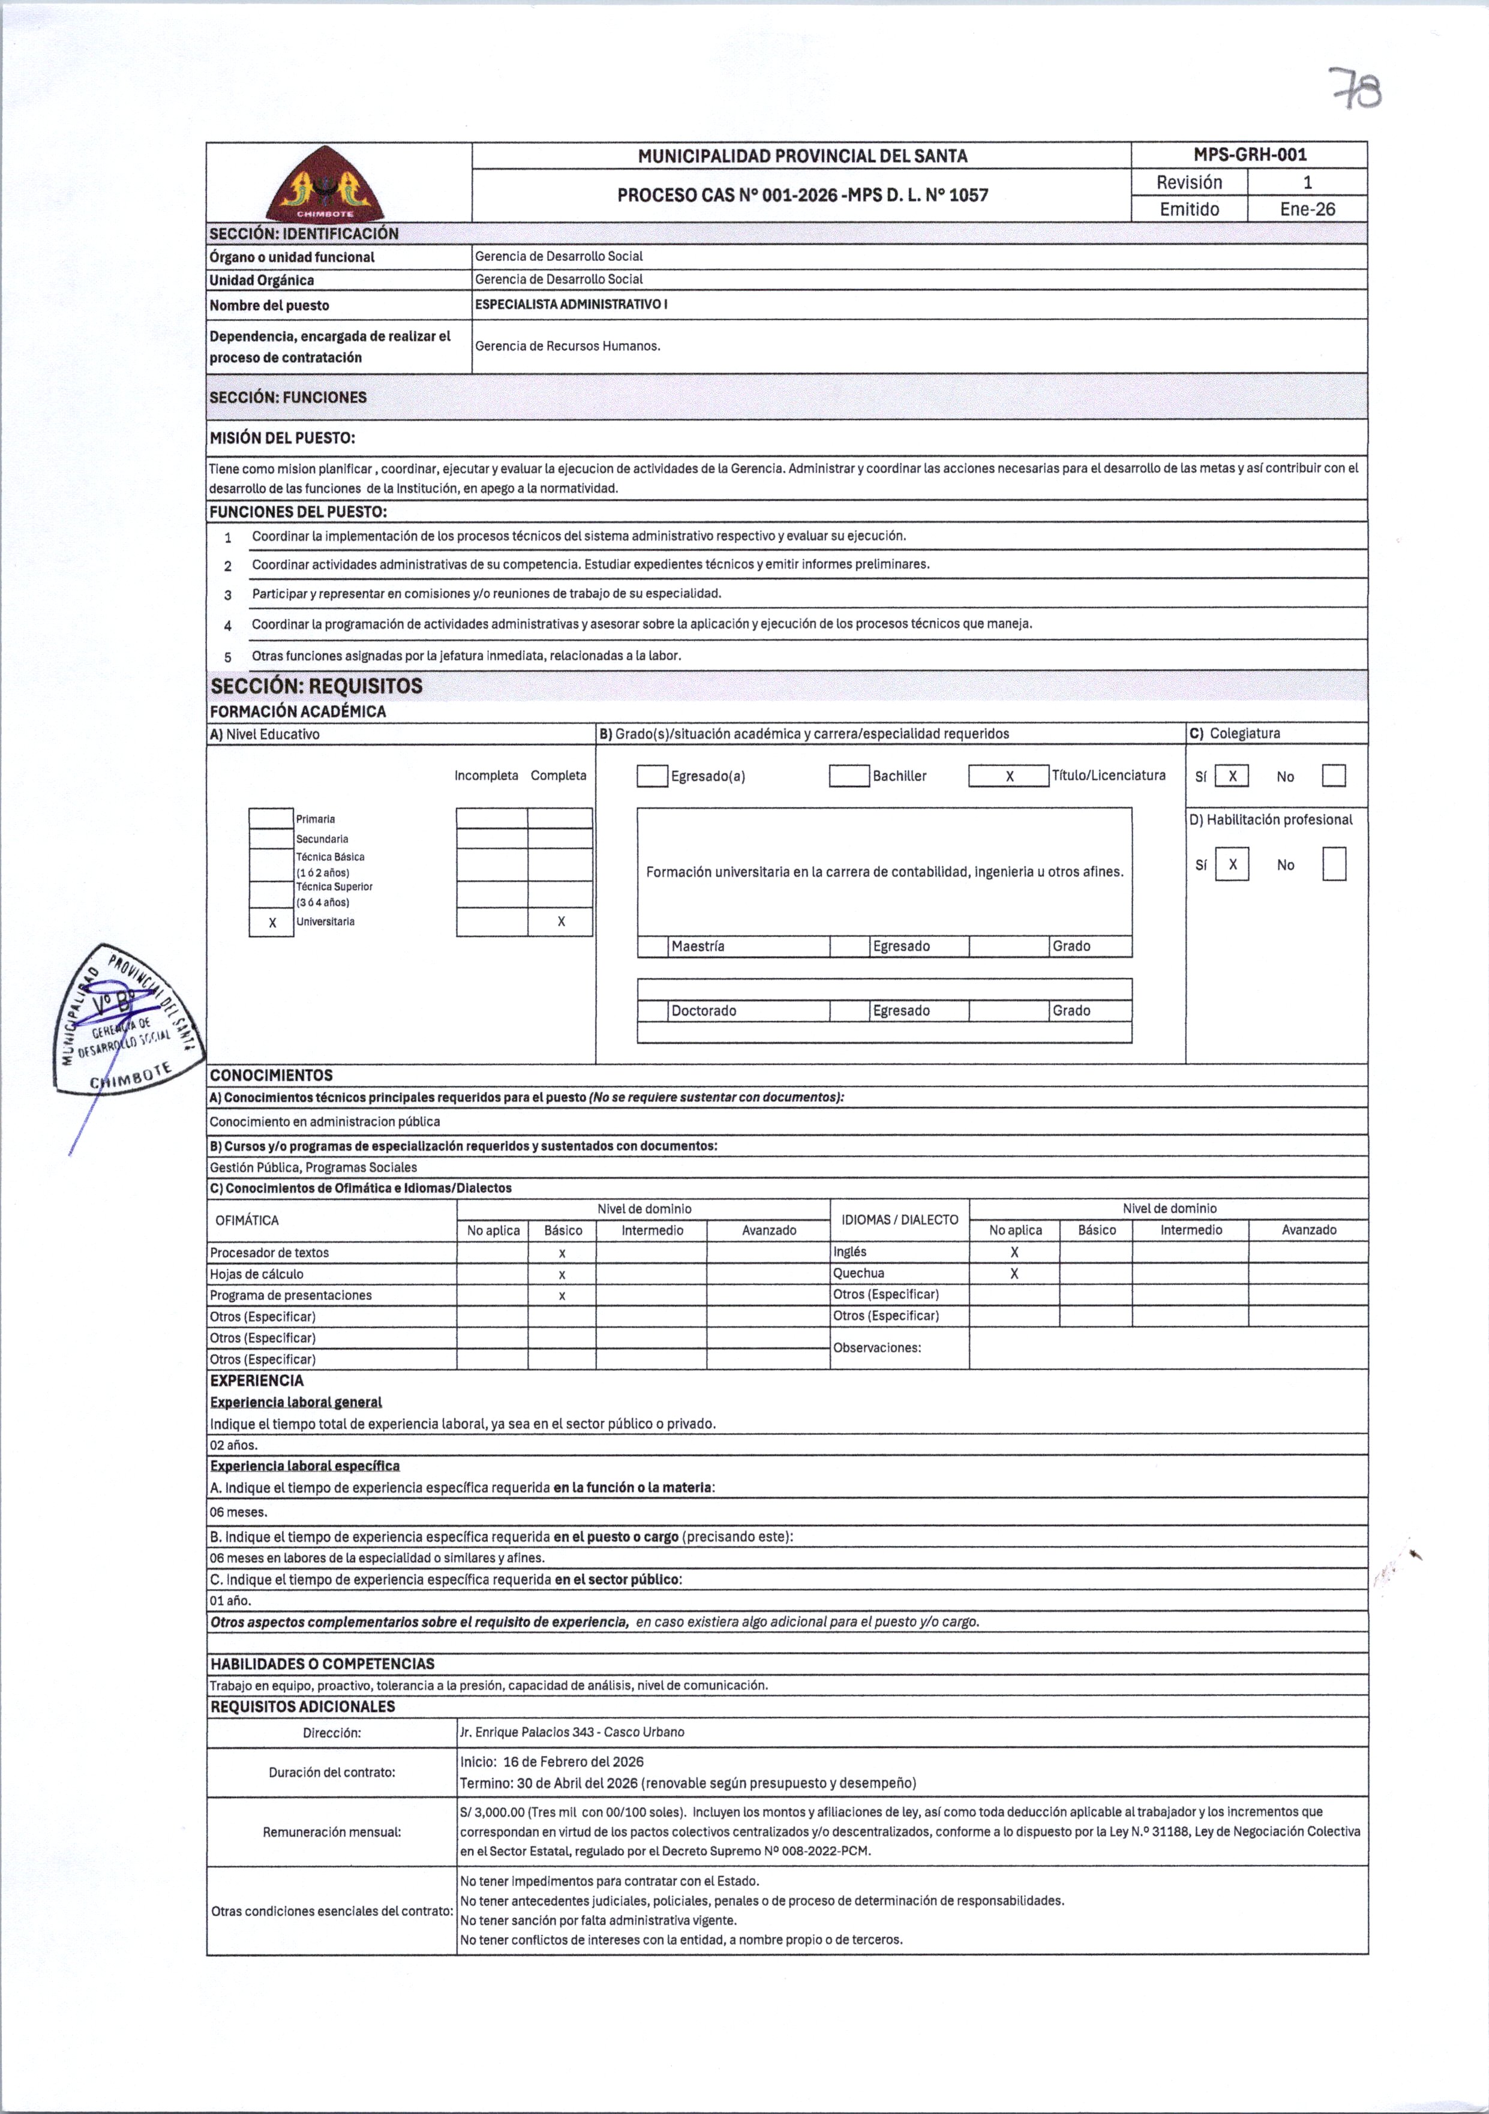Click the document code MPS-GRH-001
[1250, 155]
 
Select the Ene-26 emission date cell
[1307, 209]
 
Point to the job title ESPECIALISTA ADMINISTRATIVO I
[571, 304]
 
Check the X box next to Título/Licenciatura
[1008, 776]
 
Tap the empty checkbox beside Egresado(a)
[652, 776]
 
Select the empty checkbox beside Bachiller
[848, 776]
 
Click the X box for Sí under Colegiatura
[1232, 776]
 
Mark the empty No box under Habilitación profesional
[1334, 864]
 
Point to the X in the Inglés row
[1014, 1252]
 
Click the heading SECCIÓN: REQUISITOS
[316, 686]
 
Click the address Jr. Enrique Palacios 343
[572, 1732]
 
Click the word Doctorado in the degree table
[704, 1011]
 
